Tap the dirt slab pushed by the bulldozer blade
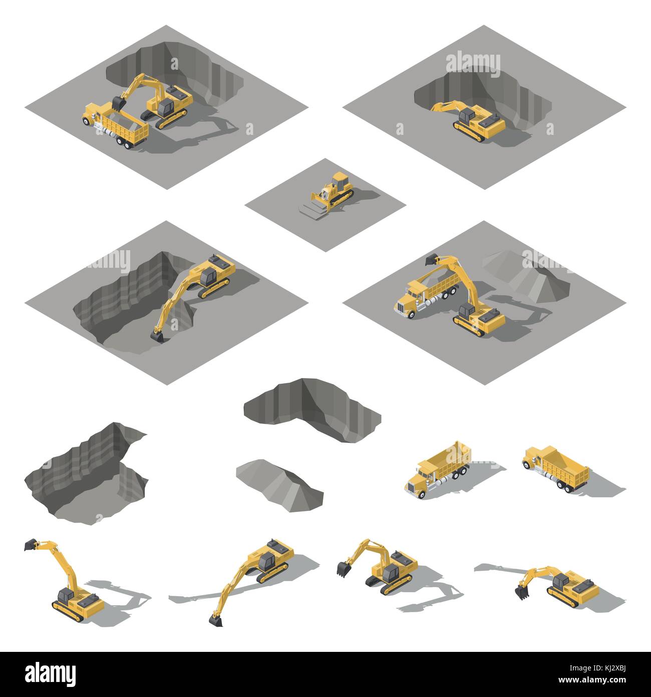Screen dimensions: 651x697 pos(311,211)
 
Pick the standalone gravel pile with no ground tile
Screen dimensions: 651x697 pos(279,486)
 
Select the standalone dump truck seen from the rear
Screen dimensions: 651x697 pos(556,469)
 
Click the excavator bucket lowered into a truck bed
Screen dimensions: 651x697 pos(118,103)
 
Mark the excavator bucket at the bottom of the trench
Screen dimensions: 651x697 pos(157,336)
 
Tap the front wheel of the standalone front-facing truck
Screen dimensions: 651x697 pos(422,494)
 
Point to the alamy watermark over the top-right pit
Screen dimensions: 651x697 pos(473,64)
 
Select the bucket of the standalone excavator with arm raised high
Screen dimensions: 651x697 pos(31,545)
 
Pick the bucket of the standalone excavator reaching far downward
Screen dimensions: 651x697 pos(216,620)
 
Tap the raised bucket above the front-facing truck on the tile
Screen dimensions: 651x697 pos(432,259)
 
